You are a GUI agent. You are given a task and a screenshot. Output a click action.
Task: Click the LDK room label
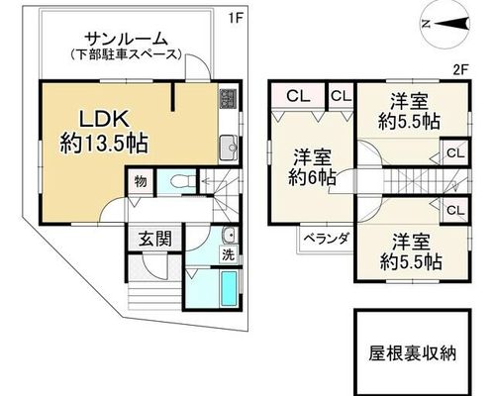[104, 119]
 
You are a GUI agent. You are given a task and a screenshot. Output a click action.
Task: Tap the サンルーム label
[127, 40]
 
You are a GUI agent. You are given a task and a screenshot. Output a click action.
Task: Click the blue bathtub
[229, 288]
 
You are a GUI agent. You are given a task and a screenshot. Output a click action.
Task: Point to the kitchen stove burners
[228, 99]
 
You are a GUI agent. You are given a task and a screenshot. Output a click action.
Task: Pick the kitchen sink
[228, 148]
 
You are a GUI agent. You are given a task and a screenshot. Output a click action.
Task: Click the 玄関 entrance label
[155, 239]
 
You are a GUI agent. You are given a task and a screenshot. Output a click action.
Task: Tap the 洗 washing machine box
[229, 255]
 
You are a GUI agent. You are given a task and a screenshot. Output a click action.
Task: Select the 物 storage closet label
[141, 181]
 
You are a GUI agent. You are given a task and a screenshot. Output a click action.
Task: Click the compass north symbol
[445, 24]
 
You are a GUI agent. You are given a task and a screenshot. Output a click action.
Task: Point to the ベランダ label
[326, 239]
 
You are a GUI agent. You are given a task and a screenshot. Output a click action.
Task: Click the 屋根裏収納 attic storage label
[413, 353]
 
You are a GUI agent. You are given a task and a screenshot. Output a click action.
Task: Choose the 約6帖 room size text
[312, 178]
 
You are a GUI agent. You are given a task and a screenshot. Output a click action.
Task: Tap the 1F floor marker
[236, 19]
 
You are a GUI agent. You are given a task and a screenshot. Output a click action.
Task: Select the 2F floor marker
[461, 69]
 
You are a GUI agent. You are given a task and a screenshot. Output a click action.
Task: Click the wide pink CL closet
[298, 95]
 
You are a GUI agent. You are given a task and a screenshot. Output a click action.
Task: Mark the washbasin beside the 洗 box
[229, 236]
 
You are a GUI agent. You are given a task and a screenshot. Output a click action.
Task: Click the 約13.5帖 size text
[104, 144]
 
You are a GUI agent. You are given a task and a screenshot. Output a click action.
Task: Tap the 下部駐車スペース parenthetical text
[127, 54]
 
